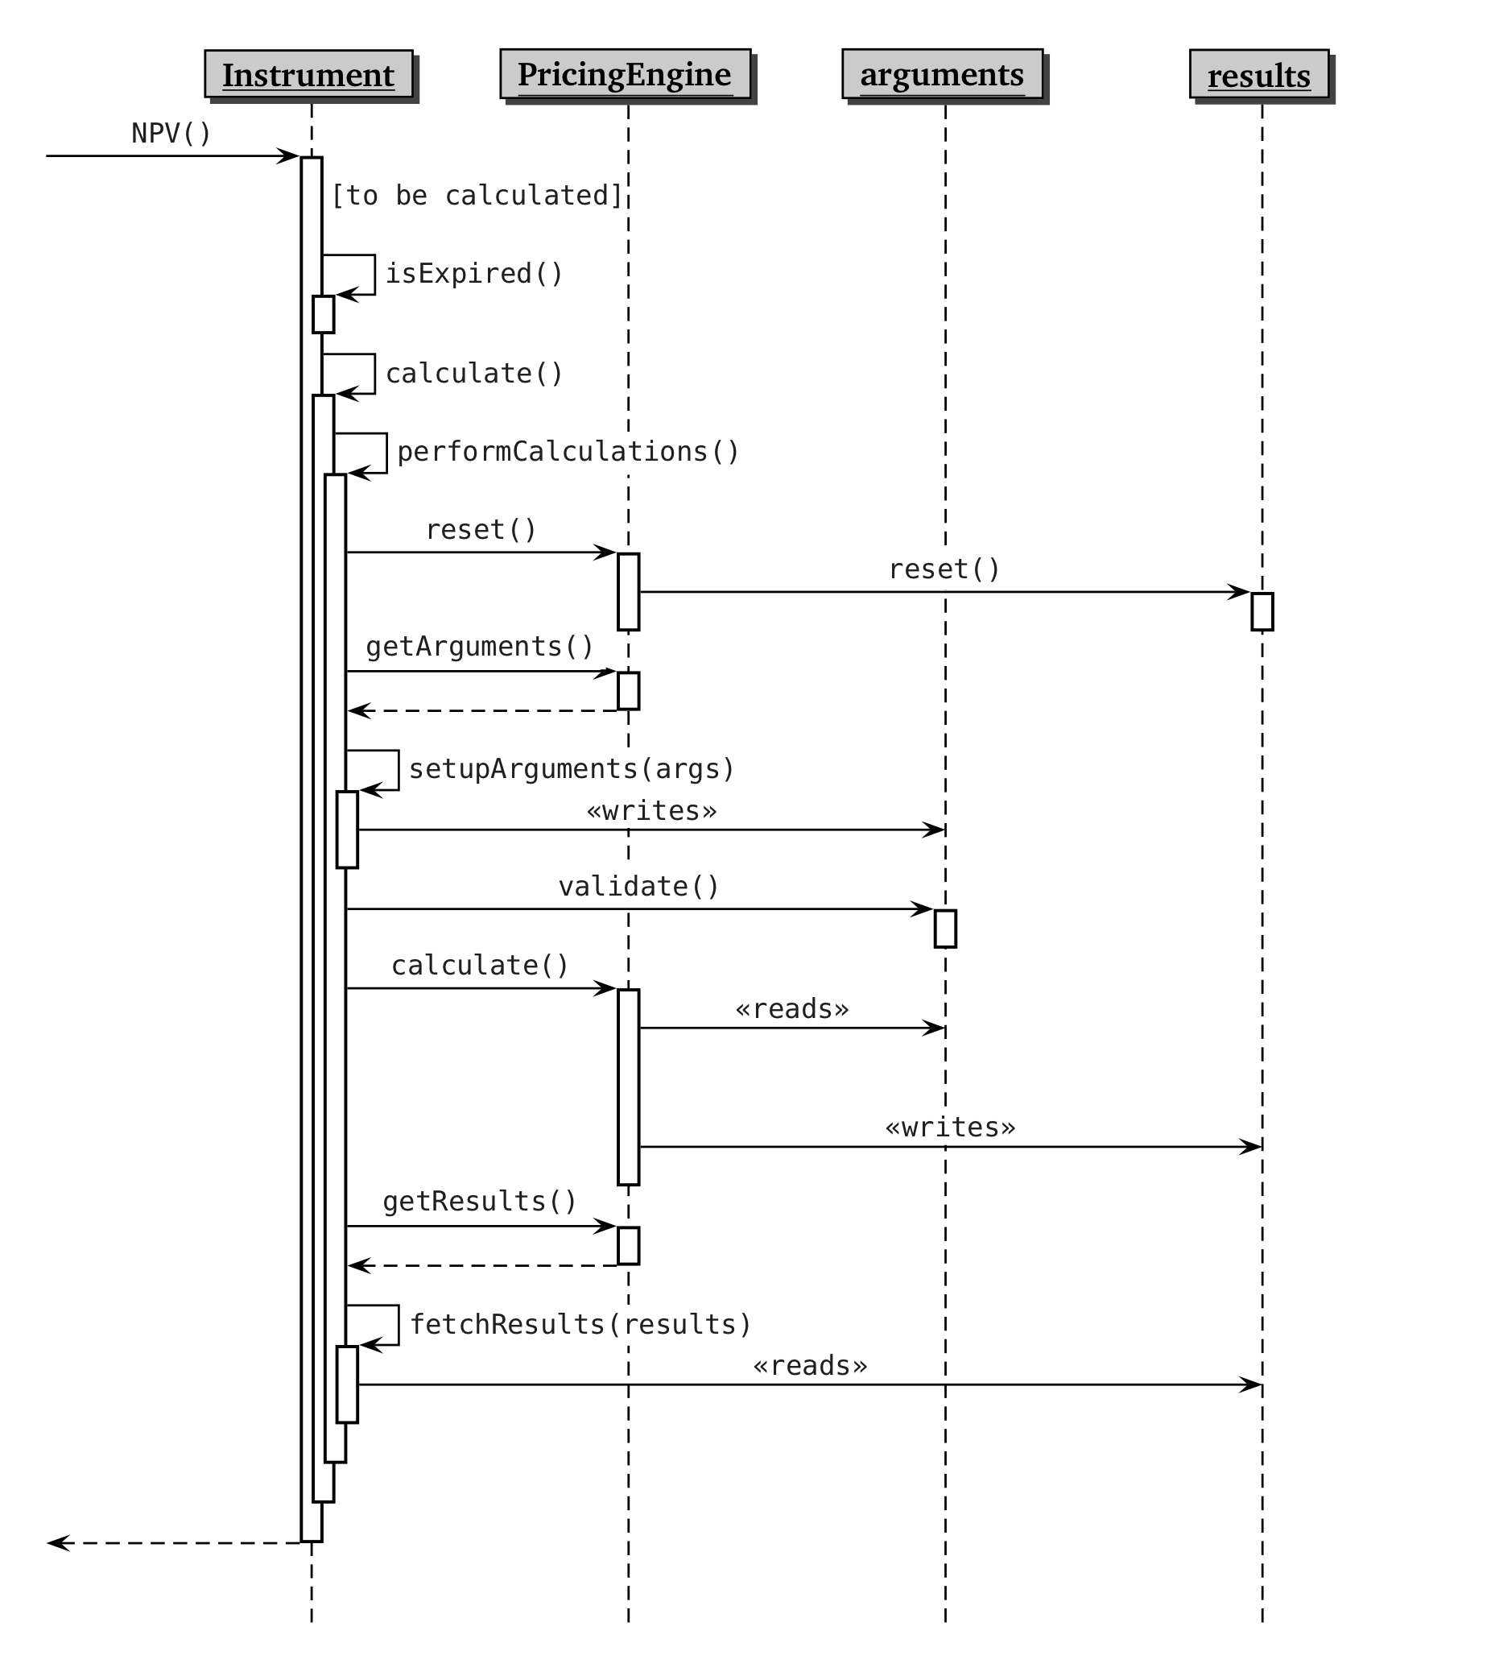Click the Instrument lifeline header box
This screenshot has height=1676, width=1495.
click(309, 75)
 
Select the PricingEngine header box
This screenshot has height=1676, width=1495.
click(625, 74)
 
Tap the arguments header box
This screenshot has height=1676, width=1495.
click(942, 74)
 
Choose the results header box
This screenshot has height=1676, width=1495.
click(1258, 75)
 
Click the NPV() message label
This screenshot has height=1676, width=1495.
click(171, 133)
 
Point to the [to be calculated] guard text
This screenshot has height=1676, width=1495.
click(477, 196)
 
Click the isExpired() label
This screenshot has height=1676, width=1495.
click(475, 274)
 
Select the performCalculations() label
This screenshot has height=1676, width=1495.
click(568, 452)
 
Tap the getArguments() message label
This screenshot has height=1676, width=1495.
click(480, 647)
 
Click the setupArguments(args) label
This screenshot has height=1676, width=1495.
click(572, 769)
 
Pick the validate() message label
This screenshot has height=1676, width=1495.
click(639, 887)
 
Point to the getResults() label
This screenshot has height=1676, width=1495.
click(480, 1201)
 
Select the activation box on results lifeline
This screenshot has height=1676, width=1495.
click(1262, 612)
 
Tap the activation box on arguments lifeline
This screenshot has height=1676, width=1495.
click(945, 929)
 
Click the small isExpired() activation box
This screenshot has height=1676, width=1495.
click(324, 315)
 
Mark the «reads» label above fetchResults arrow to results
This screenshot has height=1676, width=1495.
click(810, 1365)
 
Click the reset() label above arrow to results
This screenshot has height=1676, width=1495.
click(944, 569)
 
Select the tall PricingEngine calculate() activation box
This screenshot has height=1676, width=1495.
click(629, 1087)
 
